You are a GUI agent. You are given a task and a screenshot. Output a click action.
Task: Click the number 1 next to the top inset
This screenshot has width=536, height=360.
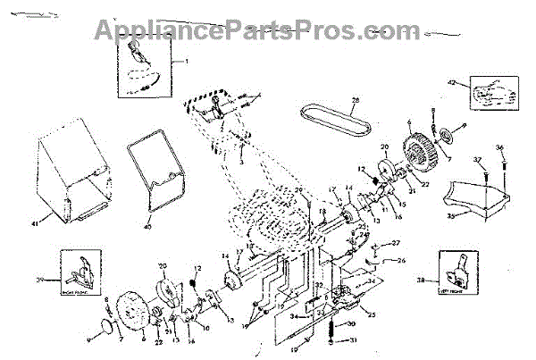click(x=188, y=60)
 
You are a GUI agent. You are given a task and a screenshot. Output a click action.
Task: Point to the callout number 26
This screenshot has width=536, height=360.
click(x=401, y=261)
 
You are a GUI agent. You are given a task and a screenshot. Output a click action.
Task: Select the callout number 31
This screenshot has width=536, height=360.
click(x=353, y=340)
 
